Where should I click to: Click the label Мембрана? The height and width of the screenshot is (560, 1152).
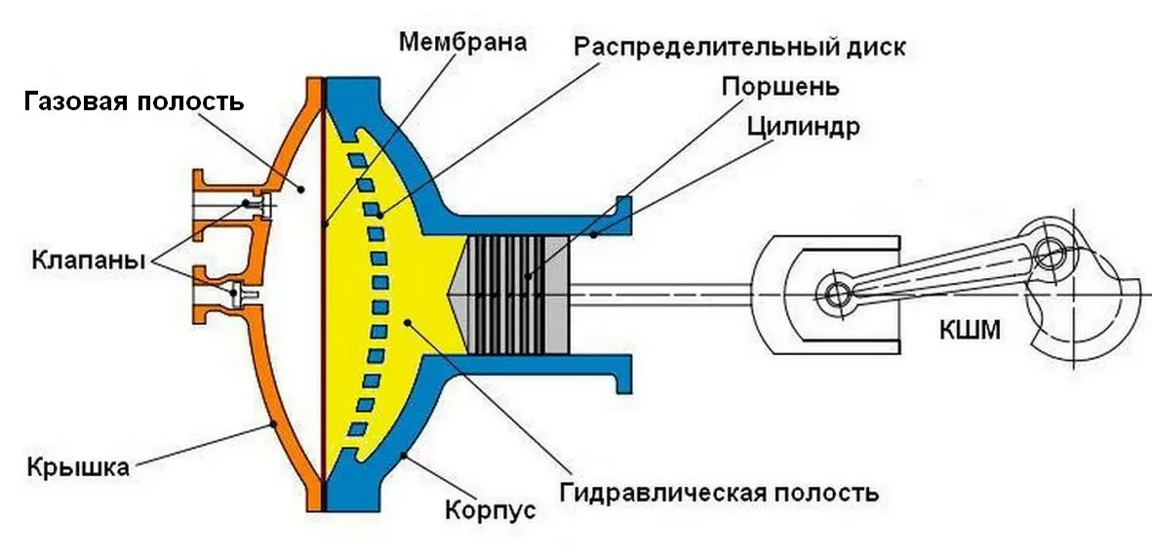462,42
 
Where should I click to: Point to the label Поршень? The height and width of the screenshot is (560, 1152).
779,87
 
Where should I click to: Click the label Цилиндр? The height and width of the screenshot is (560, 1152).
803,127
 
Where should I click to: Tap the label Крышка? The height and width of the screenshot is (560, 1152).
78,466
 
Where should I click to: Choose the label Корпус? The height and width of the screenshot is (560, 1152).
490,509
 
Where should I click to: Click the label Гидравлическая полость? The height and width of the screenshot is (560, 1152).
720,491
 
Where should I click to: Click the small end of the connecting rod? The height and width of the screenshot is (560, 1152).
835,294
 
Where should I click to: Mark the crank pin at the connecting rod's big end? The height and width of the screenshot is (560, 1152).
1049,256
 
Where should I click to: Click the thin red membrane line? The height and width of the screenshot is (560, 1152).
323,293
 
